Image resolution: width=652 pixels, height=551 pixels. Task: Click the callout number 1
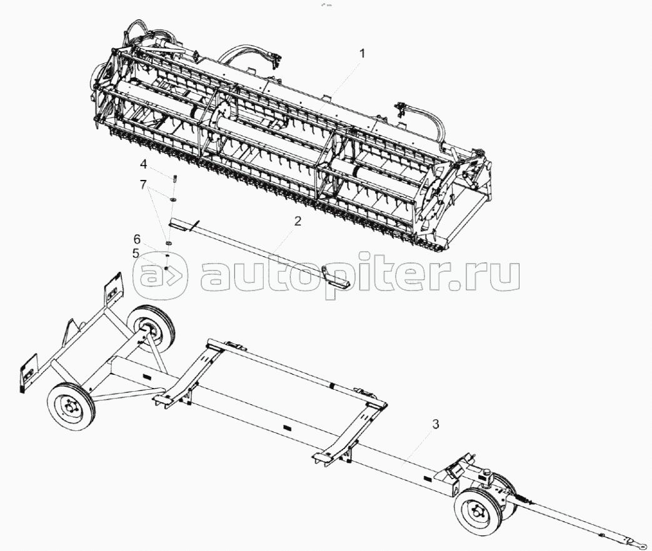pyautogui.click(x=361, y=54)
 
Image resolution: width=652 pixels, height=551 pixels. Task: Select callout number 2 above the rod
pyautogui.click(x=298, y=221)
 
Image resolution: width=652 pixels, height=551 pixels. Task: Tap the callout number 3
pyautogui.click(x=436, y=424)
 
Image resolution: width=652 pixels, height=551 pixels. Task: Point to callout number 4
pyautogui.click(x=143, y=165)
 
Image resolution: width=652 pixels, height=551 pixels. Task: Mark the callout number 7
pyautogui.click(x=143, y=185)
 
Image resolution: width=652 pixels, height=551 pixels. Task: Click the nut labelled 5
pyautogui.click(x=167, y=269)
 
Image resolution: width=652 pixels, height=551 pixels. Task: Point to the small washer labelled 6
pyautogui.click(x=168, y=256)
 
